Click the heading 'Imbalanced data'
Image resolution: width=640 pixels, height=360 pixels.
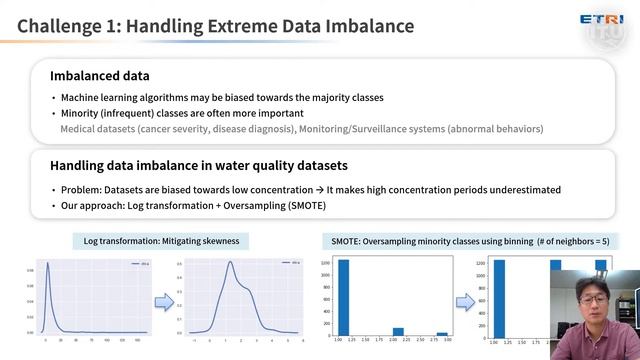point(100,75)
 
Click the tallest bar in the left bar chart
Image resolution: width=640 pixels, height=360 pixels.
point(343,297)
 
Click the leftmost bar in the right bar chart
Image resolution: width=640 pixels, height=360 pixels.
point(499,297)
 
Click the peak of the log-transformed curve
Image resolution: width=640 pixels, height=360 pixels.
point(230,264)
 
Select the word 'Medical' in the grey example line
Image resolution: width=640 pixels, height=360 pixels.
point(79,129)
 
